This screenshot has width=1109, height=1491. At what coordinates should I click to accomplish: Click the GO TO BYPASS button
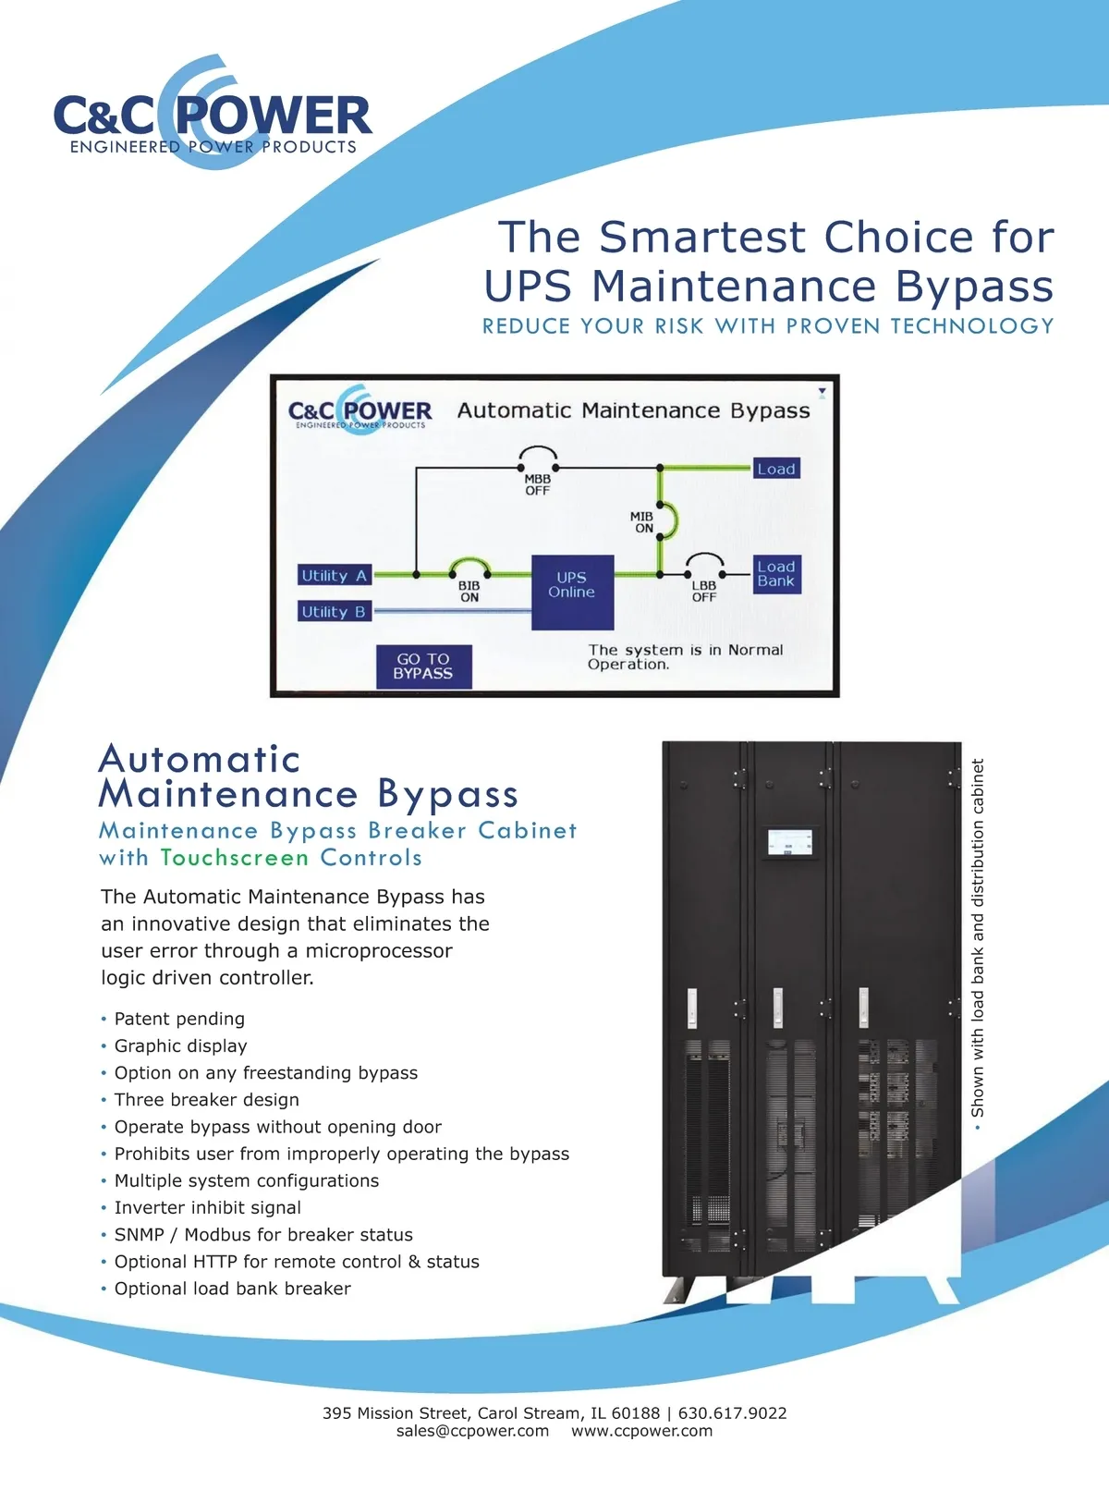[423, 666]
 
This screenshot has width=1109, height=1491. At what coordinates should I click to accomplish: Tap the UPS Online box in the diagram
[572, 592]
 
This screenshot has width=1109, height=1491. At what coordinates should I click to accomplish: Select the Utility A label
[334, 576]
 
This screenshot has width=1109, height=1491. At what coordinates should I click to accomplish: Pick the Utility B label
[334, 612]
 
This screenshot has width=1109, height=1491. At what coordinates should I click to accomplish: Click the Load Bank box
[776, 574]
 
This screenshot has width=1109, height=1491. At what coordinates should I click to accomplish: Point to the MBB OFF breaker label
[538, 484]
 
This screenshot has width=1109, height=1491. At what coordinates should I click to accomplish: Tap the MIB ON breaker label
[642, 521]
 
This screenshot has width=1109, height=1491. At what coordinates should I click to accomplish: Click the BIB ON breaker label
[469, 592]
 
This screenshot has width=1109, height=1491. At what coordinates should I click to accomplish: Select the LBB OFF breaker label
[704, 592]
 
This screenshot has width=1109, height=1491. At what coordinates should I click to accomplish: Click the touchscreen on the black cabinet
[790, 841]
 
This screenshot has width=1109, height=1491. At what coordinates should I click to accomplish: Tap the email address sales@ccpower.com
[472, 1431]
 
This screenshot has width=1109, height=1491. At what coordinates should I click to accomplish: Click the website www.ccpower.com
[642, 1431]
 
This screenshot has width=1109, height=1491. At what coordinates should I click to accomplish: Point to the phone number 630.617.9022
[732, 1413]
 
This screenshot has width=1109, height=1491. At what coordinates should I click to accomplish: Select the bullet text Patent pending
[179, 1019]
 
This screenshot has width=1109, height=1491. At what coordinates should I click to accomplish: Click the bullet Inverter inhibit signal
[208, 1207]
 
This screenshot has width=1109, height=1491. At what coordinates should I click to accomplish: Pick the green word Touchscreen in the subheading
[235, 857]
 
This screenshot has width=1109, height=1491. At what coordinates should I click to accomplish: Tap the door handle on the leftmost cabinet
[691, 1008]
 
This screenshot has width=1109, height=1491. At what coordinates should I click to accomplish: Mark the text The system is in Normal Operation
[686, 657]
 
